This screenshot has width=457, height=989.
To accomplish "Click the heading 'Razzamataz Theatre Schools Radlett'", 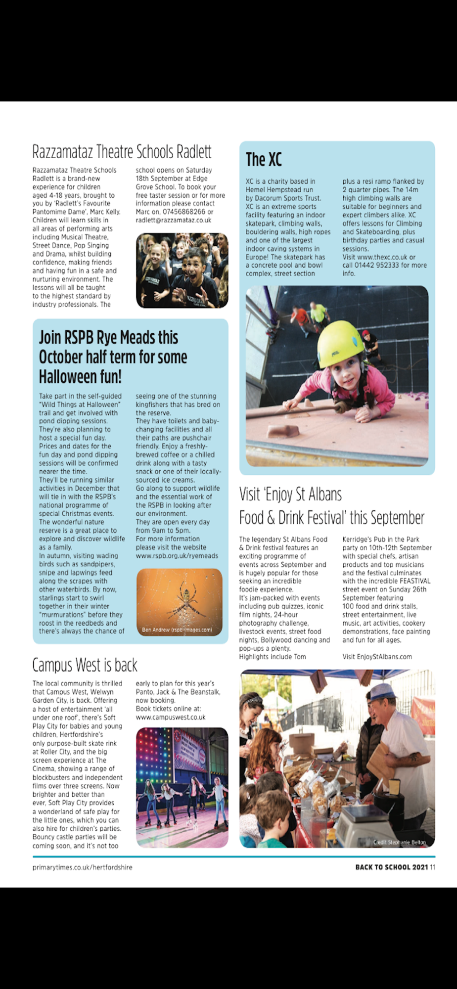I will click(x=122, y=151).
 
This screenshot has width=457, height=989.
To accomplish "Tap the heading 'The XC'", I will click(x=264, y=160).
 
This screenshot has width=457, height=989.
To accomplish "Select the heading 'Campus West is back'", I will click(x=85, y=665).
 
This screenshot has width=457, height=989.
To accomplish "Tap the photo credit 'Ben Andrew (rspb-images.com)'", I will click(x=177, y=629).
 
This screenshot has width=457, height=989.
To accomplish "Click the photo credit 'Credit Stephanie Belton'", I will click(x=399, y=842).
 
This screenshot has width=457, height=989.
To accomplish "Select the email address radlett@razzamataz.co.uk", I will click(x=174, y=220).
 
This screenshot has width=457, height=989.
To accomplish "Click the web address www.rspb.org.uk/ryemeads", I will click(x=177, y=556).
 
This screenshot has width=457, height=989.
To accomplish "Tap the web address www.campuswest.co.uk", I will click(x=171, y=717).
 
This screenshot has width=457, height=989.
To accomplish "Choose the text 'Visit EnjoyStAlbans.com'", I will click(x=377, y=657).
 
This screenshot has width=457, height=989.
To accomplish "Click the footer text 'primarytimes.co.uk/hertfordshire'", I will click(x=82, y=867).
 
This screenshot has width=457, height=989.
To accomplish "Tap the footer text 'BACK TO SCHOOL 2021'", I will click(x=391, y=867).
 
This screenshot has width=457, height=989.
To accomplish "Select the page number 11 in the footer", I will click(x=433, y=867).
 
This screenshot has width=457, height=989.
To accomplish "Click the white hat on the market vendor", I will click(x=383, y=690).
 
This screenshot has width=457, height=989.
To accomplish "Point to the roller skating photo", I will click(x=182, y=787).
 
